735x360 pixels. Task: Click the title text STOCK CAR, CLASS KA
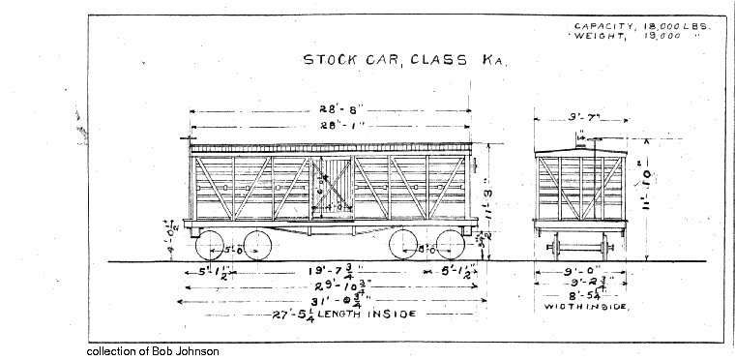[404, 59]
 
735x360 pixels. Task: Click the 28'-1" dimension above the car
[331, 126]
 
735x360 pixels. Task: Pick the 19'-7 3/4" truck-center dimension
[329, 271]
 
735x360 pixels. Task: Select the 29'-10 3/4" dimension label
[331, 286]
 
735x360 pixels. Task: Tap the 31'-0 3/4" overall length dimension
[331, 301]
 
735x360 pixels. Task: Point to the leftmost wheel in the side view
[216, 246]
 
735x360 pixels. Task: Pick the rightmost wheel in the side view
[447, 246]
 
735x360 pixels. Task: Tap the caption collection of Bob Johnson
[153, 351]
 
